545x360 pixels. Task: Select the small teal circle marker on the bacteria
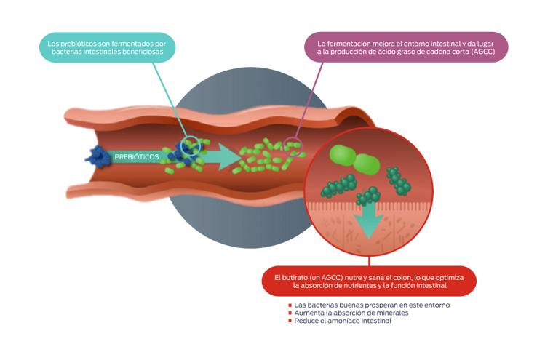click(191, 145)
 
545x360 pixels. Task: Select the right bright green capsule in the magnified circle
click(367, 165)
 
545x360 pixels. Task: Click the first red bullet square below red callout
click(290, 305)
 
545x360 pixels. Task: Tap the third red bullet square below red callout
click(290, 321)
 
